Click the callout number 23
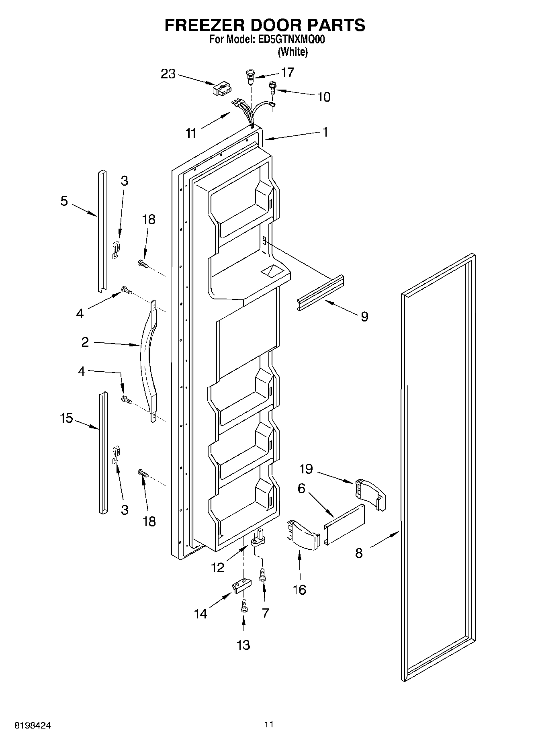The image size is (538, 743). click(168, 74)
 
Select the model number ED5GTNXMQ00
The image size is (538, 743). click(290, 40)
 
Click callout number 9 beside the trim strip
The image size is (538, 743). click(364, 317)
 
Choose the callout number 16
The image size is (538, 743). click(300, 589)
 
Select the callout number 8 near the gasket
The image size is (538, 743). click(359, 553)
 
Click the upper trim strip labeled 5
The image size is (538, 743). click(102, 231)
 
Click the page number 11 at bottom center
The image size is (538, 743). click(269, 725)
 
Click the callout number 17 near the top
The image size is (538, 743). click(288, 72)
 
